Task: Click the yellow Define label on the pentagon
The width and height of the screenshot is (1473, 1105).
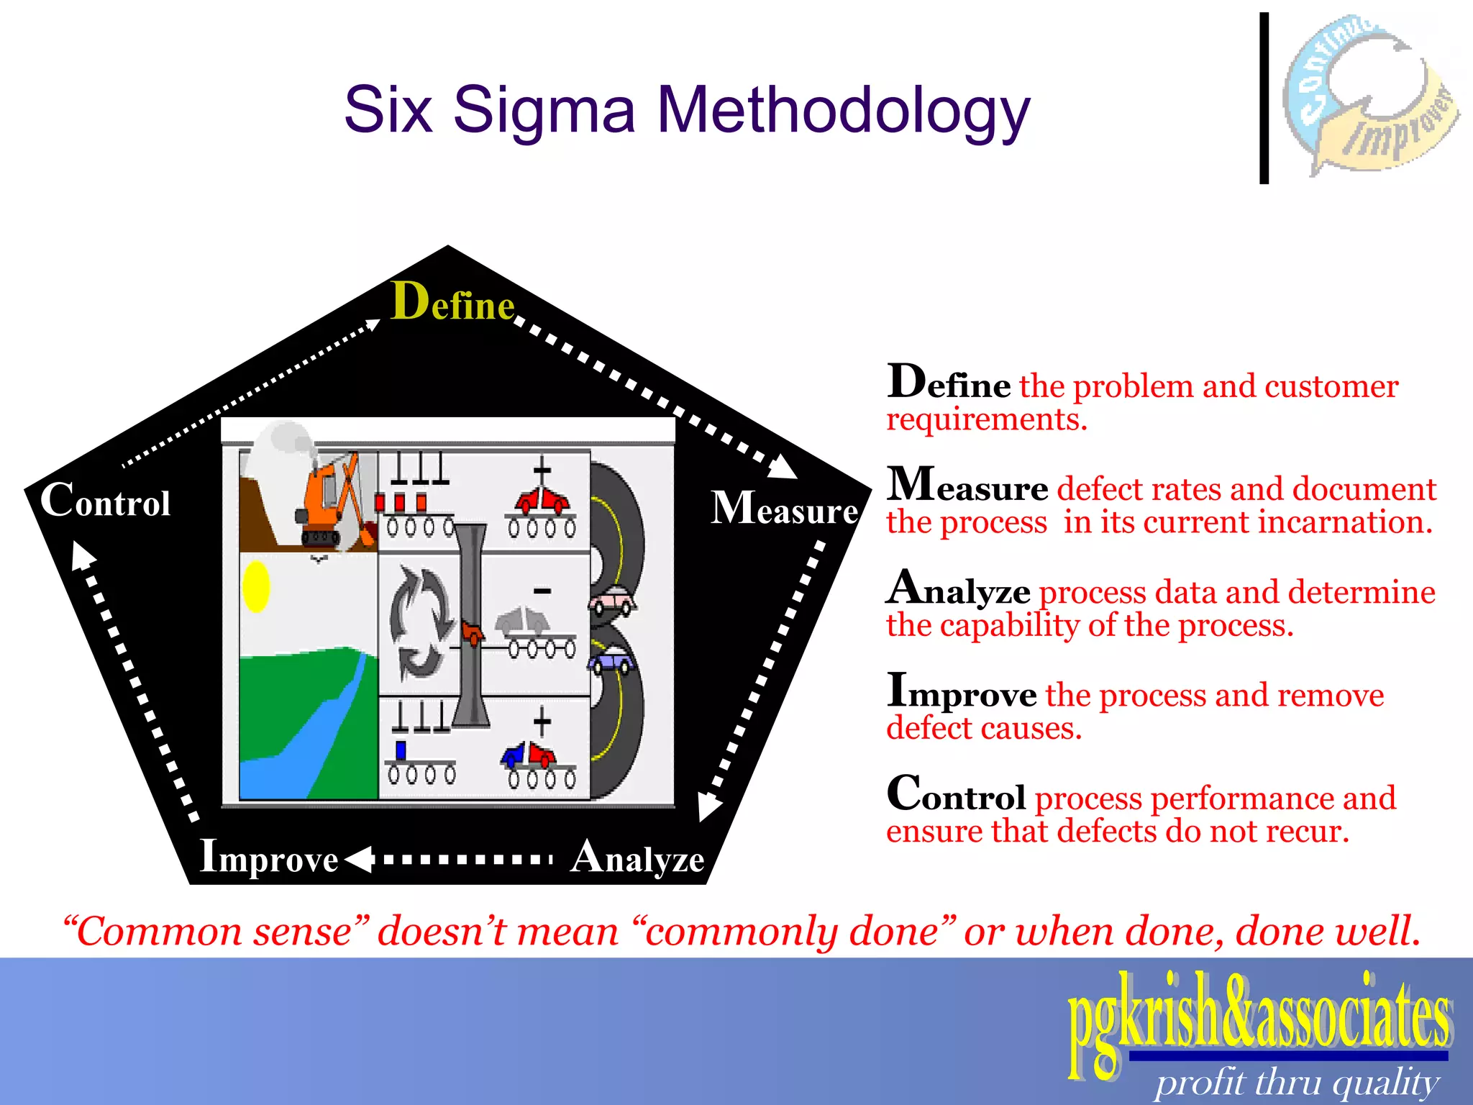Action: [x=452, y=302]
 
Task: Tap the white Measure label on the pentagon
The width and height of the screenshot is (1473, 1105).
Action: [x=784, y=509]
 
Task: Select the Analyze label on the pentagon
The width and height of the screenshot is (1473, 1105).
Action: [x=637, y=858]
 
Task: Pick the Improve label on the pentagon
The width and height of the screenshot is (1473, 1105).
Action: [x=269, y=858]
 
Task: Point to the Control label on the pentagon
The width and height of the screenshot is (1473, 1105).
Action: [x=106, y=501]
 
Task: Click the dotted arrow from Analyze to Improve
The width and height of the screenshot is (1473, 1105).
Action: [x=450, y=859]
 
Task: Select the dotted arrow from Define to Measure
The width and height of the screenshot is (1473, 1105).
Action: [x=655, y=396]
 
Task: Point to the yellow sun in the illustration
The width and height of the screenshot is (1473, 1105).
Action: [x=256, y=586]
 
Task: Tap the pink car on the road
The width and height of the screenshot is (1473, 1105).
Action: [x=612, y=600]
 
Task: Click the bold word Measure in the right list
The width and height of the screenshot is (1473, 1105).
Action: [x=967, y=486]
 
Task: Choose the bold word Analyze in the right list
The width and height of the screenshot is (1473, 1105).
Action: [x=959, y=589]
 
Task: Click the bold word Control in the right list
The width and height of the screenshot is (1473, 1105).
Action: [x=957, y=795]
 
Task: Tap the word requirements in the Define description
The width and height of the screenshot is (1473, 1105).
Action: [x=986, y=419]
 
